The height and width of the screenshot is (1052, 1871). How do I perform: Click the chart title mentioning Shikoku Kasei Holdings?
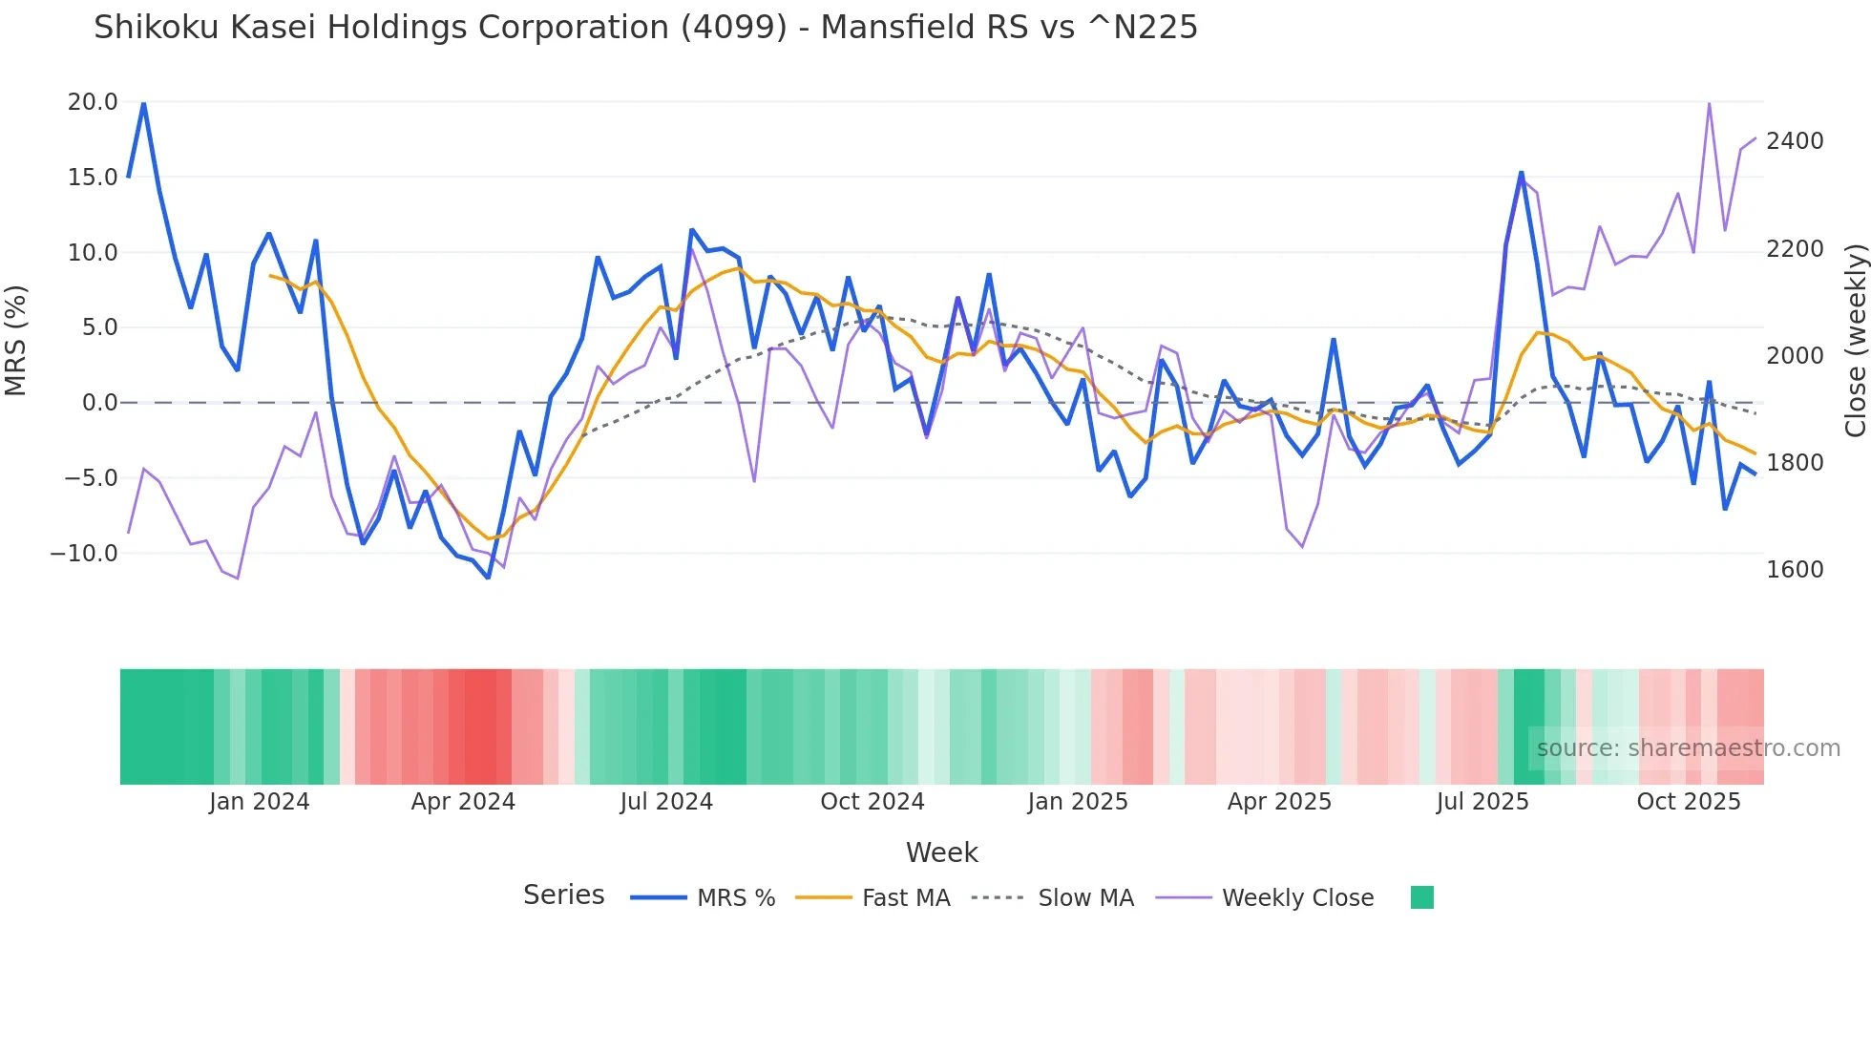[x=645, y=28]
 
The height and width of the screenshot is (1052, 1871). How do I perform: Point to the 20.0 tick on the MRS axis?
[x=93, y=102]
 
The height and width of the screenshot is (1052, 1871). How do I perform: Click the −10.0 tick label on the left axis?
[x=84, y=554]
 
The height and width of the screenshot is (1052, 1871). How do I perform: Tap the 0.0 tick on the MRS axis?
[x=99, y=403]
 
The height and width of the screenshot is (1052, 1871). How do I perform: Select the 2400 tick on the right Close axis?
[x=1795, y=141]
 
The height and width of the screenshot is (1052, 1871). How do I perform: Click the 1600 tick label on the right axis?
[x=1795, y=570]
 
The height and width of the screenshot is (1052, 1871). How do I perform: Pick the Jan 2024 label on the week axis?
[x=260, y=802]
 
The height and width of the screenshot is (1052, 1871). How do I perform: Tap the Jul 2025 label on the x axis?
[x=1482, y=802]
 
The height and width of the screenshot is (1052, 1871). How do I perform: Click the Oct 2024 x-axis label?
[x=872, y=802]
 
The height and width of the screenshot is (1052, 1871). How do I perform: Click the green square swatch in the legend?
[x=1422, y=897]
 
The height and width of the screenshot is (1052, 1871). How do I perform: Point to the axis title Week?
[x=941, y=852]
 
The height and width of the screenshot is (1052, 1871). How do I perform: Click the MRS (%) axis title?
[x=16, y=341]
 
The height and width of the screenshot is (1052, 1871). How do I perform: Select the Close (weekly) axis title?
[x=1855, y=341]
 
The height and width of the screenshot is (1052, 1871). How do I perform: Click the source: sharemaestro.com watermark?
[x=1688, y=748]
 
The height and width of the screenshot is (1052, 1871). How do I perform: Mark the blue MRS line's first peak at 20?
[x=143, y=103]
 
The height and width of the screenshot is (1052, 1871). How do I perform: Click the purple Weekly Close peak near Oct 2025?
[x=1709, y=103]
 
